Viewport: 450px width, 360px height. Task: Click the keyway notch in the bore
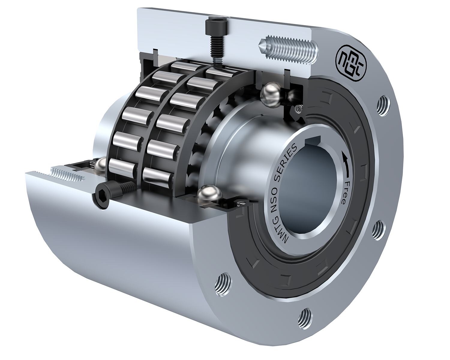point(313,140)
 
